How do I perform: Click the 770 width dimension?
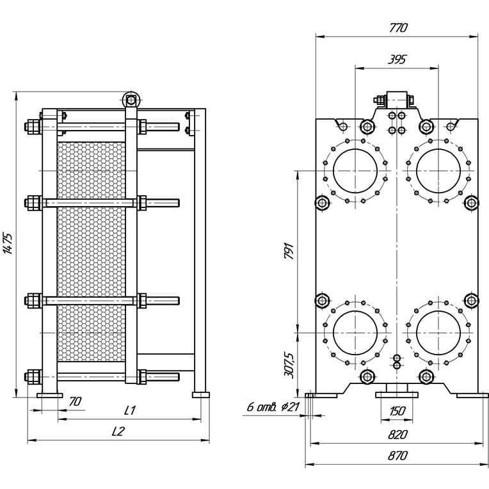tap(398, 28)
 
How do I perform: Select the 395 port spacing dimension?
tap(397, 60)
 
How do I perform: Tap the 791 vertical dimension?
tap(289, 251)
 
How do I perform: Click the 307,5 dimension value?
tap(289, 365)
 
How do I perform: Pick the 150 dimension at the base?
tap(397, 411)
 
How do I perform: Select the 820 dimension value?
tap(397, 435)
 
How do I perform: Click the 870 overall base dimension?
tap(397, 456)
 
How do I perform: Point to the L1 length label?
tap(129, 410)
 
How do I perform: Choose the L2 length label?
tap(118, 431)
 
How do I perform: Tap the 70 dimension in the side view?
tap(75, 401)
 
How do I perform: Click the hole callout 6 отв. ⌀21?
tap(273, 406)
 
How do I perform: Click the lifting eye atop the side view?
tap(131, 100)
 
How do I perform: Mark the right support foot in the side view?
tap(201, 395)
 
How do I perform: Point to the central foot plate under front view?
tap(397, 395)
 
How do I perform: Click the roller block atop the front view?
tap(397, 100)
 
